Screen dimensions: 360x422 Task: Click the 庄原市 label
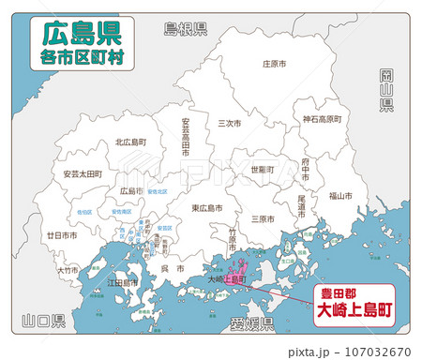[x=273, y=65]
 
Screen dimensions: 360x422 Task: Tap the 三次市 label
[x=228, y=123]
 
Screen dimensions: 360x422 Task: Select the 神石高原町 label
[x=322, y=119]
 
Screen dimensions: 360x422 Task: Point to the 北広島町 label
[x=129, y=142]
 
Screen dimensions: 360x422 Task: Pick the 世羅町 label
[x=263, y=170]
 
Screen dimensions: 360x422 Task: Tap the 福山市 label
[x=340, y=196]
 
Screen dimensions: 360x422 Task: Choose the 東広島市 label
[x=206, y=207]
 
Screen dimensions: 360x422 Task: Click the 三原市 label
[x=263, y=218]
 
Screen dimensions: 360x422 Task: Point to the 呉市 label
[x=167, y=269]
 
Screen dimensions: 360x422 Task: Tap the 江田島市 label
[x=122, y=282]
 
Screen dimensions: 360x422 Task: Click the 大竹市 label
[x=68, y=270]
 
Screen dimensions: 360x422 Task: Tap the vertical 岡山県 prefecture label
[x=386, y=90]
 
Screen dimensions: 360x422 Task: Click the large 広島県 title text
[x=80, y=34]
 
